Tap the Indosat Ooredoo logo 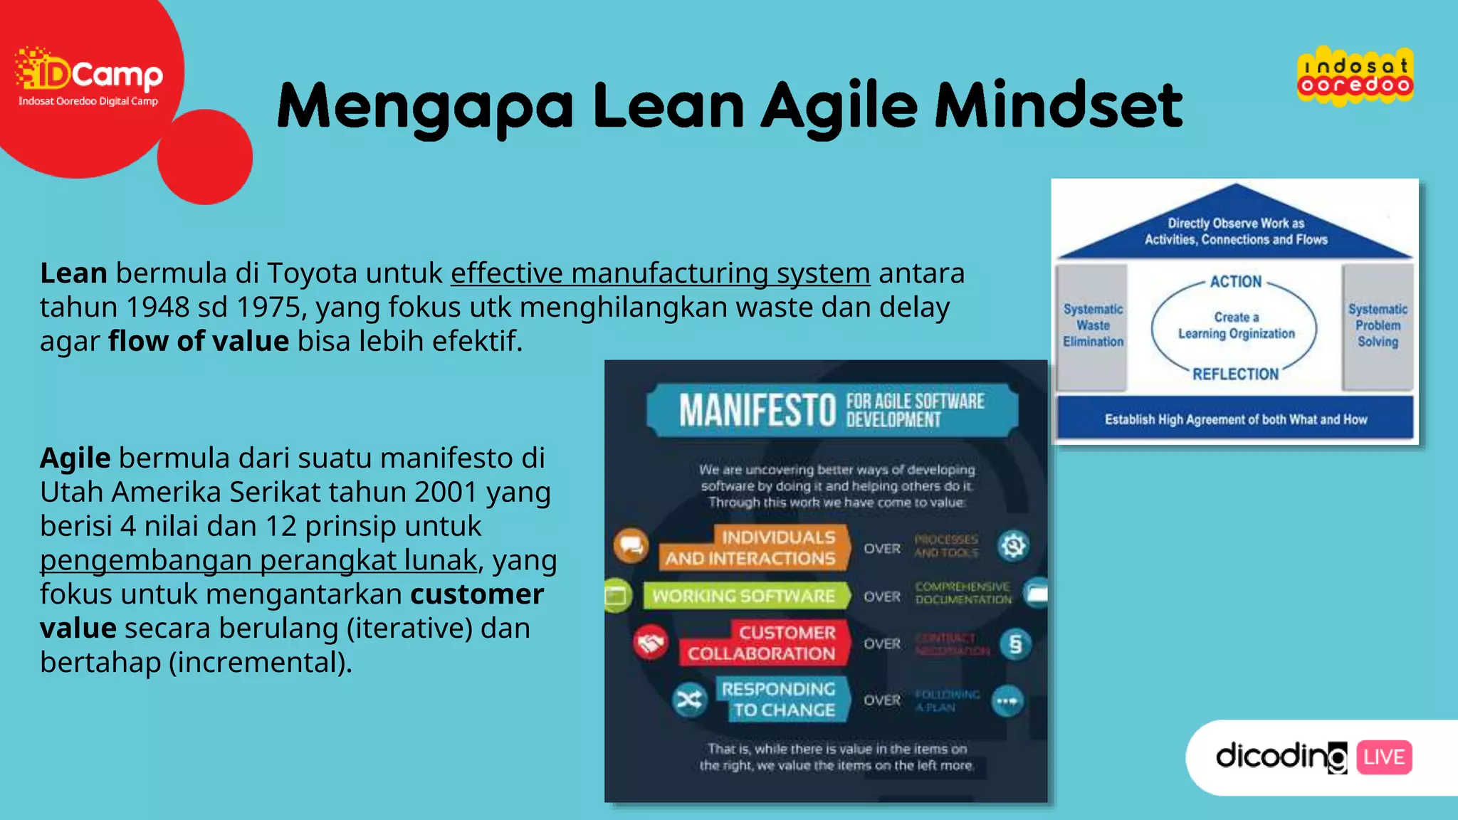(x=1355, y=76)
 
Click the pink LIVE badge (x=1384, y=757)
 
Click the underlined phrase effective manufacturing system (x=660, y=273)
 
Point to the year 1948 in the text (x=156, y=307)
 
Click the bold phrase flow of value (x=199, y=342)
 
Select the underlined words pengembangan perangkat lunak (x=258, y=560)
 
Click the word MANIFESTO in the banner (x=757, y=411)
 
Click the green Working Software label (x=745, y=596)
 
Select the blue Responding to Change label (x=780, y=700)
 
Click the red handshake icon (x=650, y=643)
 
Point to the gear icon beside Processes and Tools (x=1013, y=546)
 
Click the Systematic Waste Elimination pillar (x=1093, y=326)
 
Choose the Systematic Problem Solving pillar (x=1378, y=326)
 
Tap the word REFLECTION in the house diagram (x=1235, y=374)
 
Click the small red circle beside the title (x=205, y=157)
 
